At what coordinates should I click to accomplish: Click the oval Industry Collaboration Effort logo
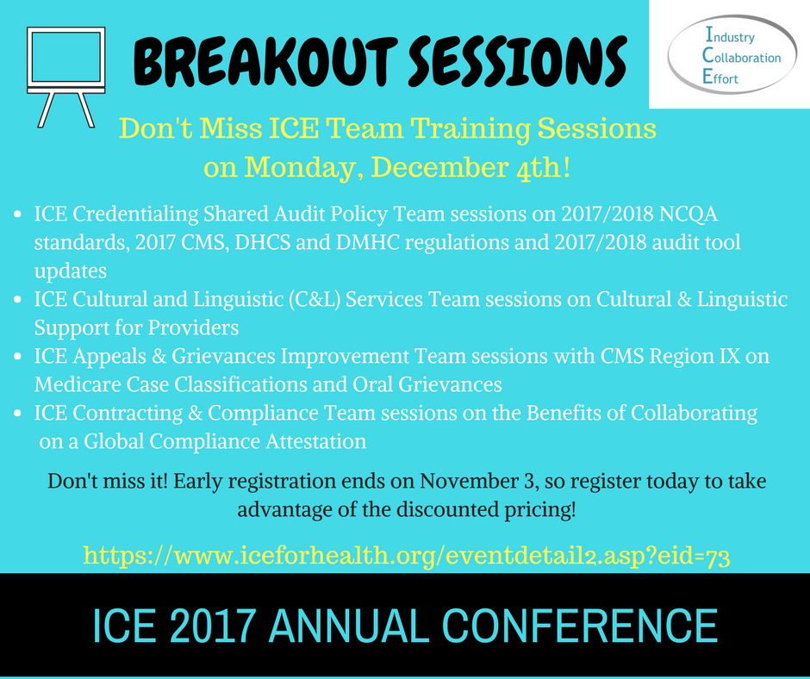pyautogui.click(x=732, y=54)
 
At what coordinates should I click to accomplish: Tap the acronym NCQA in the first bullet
pyautogui.click(x=688, y=214)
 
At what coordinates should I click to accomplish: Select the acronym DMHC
pyautogui.click(x=368, y=242)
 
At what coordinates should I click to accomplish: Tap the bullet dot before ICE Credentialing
pyautogui.click(x=17, y=214)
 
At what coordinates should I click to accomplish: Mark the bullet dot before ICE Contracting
pyautogui.click(x=17, y=413)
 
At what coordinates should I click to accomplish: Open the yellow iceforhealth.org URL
pyautogui.click(x=407, y=557)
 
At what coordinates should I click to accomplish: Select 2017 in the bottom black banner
pyautogui.click(x=212, y=626)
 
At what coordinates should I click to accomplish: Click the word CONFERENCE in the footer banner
pyautogui.click(x=580, y=626)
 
